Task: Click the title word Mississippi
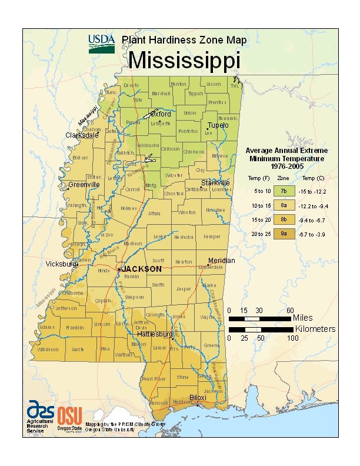pyautogui.click(x=184, y=60)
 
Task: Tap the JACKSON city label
pyautogui.click(x=141, y=269)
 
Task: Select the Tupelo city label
pyautogui.click(x=217, y=125)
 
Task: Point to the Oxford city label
pyautogui.click(x=160, y=114)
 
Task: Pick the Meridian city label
pyautogui.click(x=221, y=261)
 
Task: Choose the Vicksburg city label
pyautogui.click(x=61, y=265)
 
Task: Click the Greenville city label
pyautogui.click(x=84, y=185)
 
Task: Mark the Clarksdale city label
pyautogui.click(x=82, y=135)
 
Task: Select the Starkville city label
pyautogui.click(x=215, y=183)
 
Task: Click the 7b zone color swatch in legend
pyautogui.click(x=284, y=191)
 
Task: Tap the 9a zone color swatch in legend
pyautogui.click(x=284, y=234)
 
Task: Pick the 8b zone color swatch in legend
pyautogui.click(x=284, y=219)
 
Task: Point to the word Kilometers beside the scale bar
pyautogui.click(x=315, y=329)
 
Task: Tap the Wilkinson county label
pyautogui.click(x=48, y=349)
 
